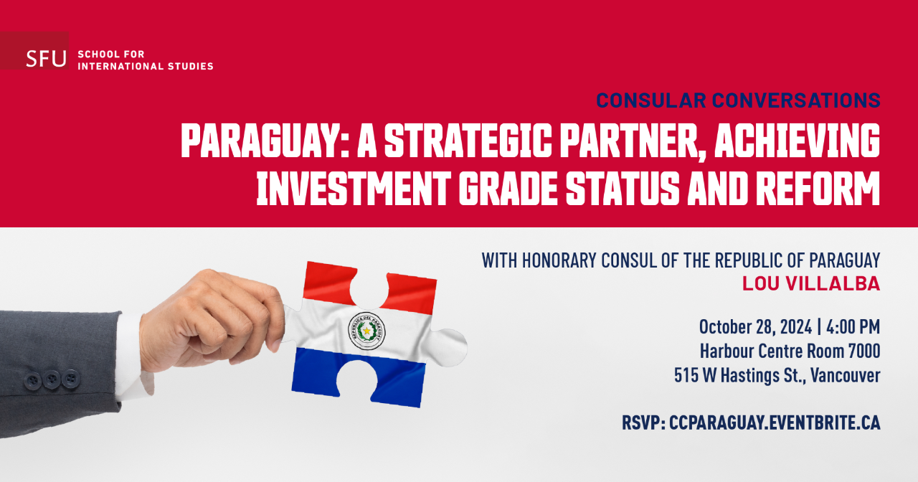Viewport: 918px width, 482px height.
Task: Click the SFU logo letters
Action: coord(46,59)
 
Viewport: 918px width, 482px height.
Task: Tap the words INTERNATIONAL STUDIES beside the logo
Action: coord(146,66)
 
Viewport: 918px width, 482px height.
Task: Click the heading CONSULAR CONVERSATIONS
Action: coord(738,100)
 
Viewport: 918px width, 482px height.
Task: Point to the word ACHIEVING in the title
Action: coord(797,141)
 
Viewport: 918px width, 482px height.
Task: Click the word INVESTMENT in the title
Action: coord(354,188)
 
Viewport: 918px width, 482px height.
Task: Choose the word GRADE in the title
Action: coord(508,188)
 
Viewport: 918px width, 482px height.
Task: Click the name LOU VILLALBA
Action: coord(811,283)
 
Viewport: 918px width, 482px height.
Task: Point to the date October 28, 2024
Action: coord(755,327)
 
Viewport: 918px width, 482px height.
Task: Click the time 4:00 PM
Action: coord(853,327)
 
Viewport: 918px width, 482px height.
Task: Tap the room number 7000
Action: coord(864,351)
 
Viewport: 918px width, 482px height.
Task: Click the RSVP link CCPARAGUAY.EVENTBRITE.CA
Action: coord(775,423)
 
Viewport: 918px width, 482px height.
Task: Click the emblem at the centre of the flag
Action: coord(366,331)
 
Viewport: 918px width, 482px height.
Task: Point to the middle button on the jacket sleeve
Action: coord(52,379)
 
